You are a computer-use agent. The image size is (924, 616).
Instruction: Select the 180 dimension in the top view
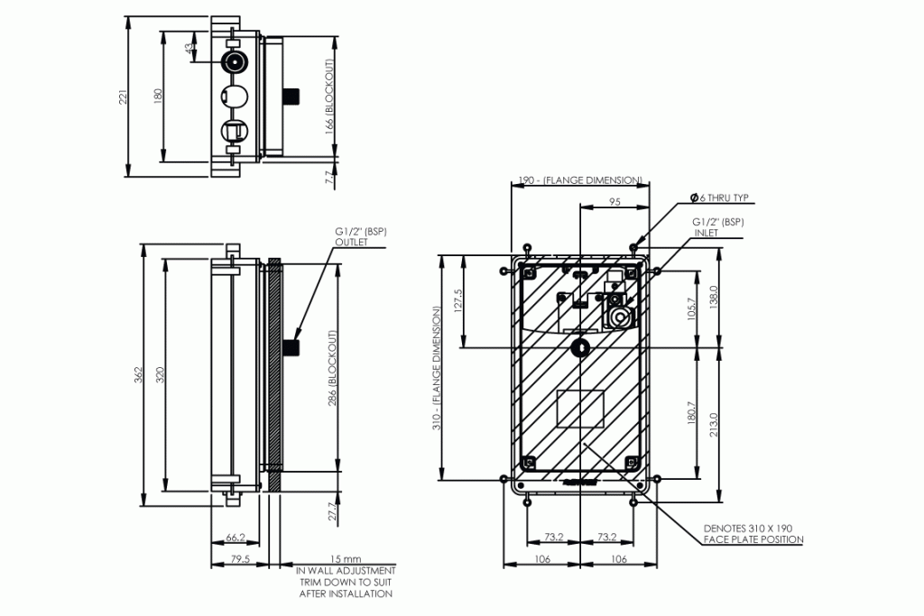coord(157,96)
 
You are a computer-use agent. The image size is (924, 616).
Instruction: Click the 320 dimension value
coord(160,373)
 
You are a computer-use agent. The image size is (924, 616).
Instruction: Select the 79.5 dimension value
coord(240,560)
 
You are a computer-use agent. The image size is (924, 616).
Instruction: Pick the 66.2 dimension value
coord(236,538)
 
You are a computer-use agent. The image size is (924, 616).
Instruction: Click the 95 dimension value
coord(614,203)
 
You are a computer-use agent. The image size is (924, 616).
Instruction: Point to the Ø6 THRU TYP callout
coord(719,197)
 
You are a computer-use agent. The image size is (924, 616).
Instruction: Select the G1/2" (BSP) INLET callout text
coord(718,226)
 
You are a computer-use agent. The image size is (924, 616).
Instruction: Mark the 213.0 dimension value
coord(714,423)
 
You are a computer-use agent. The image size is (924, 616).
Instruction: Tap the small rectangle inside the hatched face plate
coord(580,409)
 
